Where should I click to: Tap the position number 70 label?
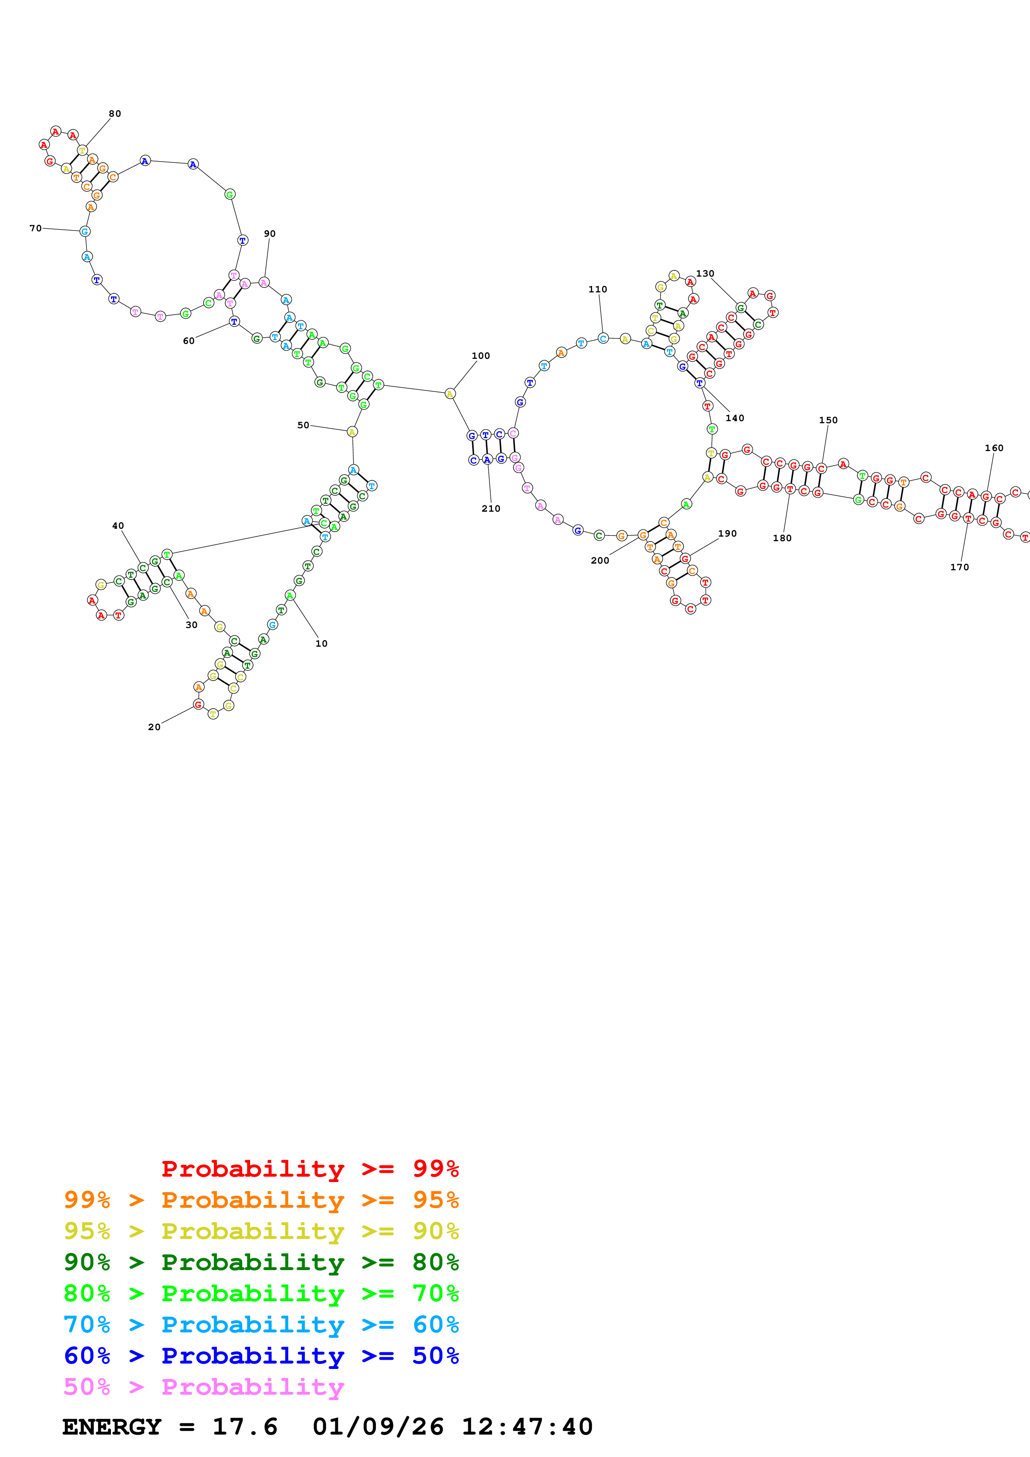(x=36, y=228)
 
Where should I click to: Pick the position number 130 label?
(x=705, y=274)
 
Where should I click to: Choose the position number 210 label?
(x=491, y=509)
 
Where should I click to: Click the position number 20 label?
(x=154, y=727)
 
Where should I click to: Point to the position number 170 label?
(x=959, y=567)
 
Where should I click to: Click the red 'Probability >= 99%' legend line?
(x=310, y=1168)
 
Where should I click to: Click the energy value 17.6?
(x=245, y=1427)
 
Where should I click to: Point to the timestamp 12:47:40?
(x=527, y=1427)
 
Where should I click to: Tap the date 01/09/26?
(x=378, y=1427)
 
